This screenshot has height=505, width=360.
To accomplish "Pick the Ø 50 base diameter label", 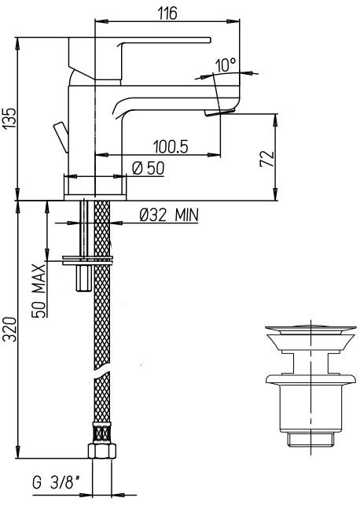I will click(x=147, y=168).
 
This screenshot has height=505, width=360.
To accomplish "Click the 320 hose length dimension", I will click(x=8, y=331).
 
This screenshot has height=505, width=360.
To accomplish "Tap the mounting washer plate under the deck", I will click(x=87, y=259).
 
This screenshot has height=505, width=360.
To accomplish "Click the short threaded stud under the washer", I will click(x=80, y=276).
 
